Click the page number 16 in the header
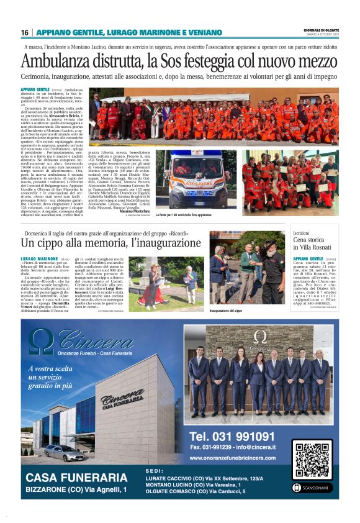point(24,32)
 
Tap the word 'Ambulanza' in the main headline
point(58,61)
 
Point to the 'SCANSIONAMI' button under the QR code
point(312,487)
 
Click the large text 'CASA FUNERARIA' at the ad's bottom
point(76,477)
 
